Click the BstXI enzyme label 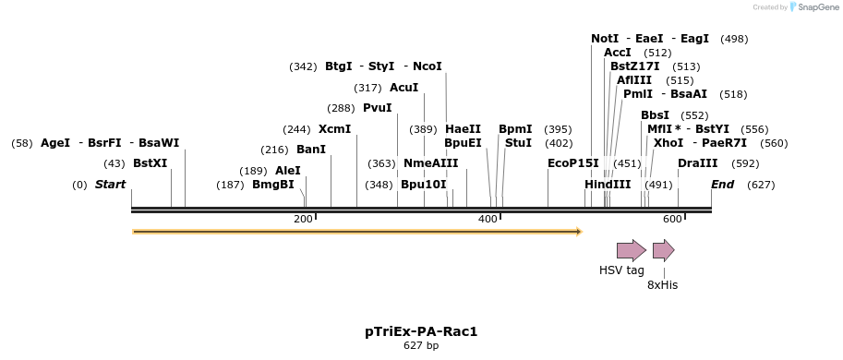click(151, 163)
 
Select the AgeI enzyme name click(55, 143)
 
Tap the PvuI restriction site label click(377, 108)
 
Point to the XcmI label click(334, 129)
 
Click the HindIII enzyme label click(608, 185)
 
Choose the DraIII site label click(697, 163)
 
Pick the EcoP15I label click(572, 163)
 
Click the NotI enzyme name click(605, 39)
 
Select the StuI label click(518, 143)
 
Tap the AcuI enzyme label click(403, 88)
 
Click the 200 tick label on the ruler click(303, 218)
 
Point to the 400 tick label click(488, 218)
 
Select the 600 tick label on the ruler click(671, 218)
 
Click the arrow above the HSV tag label click(632, 250)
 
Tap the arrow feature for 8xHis click(663, 250)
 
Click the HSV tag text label click(621, 270)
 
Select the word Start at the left click(110, 185)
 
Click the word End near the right click(723, 185)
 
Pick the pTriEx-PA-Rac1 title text click(421, 330)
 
